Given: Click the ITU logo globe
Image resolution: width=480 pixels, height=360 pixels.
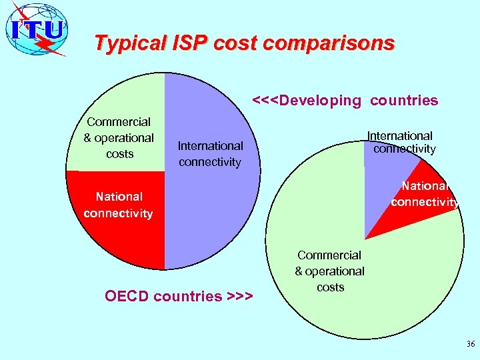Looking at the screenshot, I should point(37,29).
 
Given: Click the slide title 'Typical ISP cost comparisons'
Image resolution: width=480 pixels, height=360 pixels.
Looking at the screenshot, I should point(244,43).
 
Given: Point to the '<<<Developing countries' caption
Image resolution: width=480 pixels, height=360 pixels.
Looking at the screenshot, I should point(345,101).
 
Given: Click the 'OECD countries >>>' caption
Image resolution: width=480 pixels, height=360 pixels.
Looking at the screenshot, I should point(179,295).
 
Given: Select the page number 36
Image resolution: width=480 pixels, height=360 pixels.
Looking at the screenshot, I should point(471,344).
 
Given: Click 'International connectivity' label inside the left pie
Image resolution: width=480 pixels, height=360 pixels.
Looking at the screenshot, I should point(210,153).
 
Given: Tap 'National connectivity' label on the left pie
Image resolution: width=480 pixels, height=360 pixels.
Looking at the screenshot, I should point(119,205).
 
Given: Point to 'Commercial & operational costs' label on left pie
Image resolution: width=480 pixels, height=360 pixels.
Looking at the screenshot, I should point(119,137).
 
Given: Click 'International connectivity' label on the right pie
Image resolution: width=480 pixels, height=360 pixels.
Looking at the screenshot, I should point(402,142).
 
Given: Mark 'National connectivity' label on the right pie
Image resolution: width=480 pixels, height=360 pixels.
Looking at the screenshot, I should point(425,193).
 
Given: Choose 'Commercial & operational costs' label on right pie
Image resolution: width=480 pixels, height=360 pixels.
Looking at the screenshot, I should point(330,271).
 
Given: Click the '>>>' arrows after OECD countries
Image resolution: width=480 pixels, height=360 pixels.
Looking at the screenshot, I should point(239,295).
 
